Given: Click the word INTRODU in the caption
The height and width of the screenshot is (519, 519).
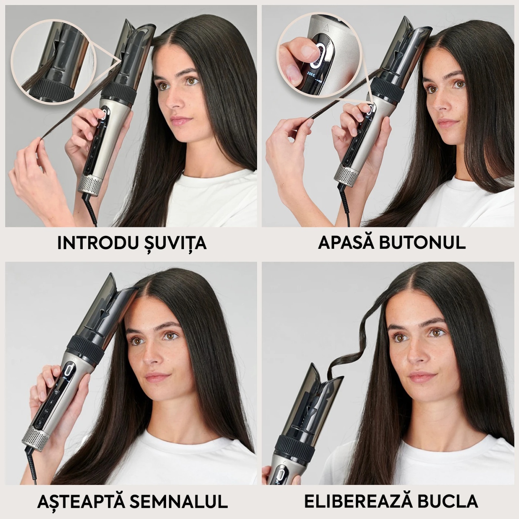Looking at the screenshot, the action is pyautogui.click(x=97, y=243).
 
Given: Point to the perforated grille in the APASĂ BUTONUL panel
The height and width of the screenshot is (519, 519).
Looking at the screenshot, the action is pyautogui.click(x=345, y=172).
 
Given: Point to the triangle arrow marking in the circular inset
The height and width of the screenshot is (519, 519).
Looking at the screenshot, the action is pyautogui.click(x=327, y=27).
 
